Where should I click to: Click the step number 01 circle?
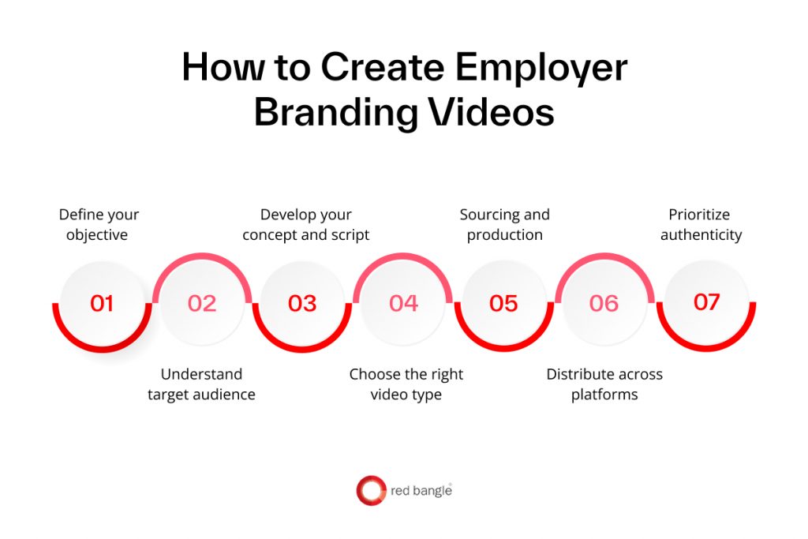102,303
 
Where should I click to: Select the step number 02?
202,303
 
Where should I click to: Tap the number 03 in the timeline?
302,303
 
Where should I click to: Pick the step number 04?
403,303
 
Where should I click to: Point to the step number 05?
503,303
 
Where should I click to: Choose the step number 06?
604,303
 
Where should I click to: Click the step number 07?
706,302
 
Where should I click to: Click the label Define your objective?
99,224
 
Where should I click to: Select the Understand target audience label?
201,384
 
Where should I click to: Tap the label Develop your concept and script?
306,224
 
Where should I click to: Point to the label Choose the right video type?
406,384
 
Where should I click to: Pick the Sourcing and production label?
505,224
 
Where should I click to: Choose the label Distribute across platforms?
604,384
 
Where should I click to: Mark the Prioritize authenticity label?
701,224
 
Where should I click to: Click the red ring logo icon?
371,491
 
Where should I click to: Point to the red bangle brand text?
421,492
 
